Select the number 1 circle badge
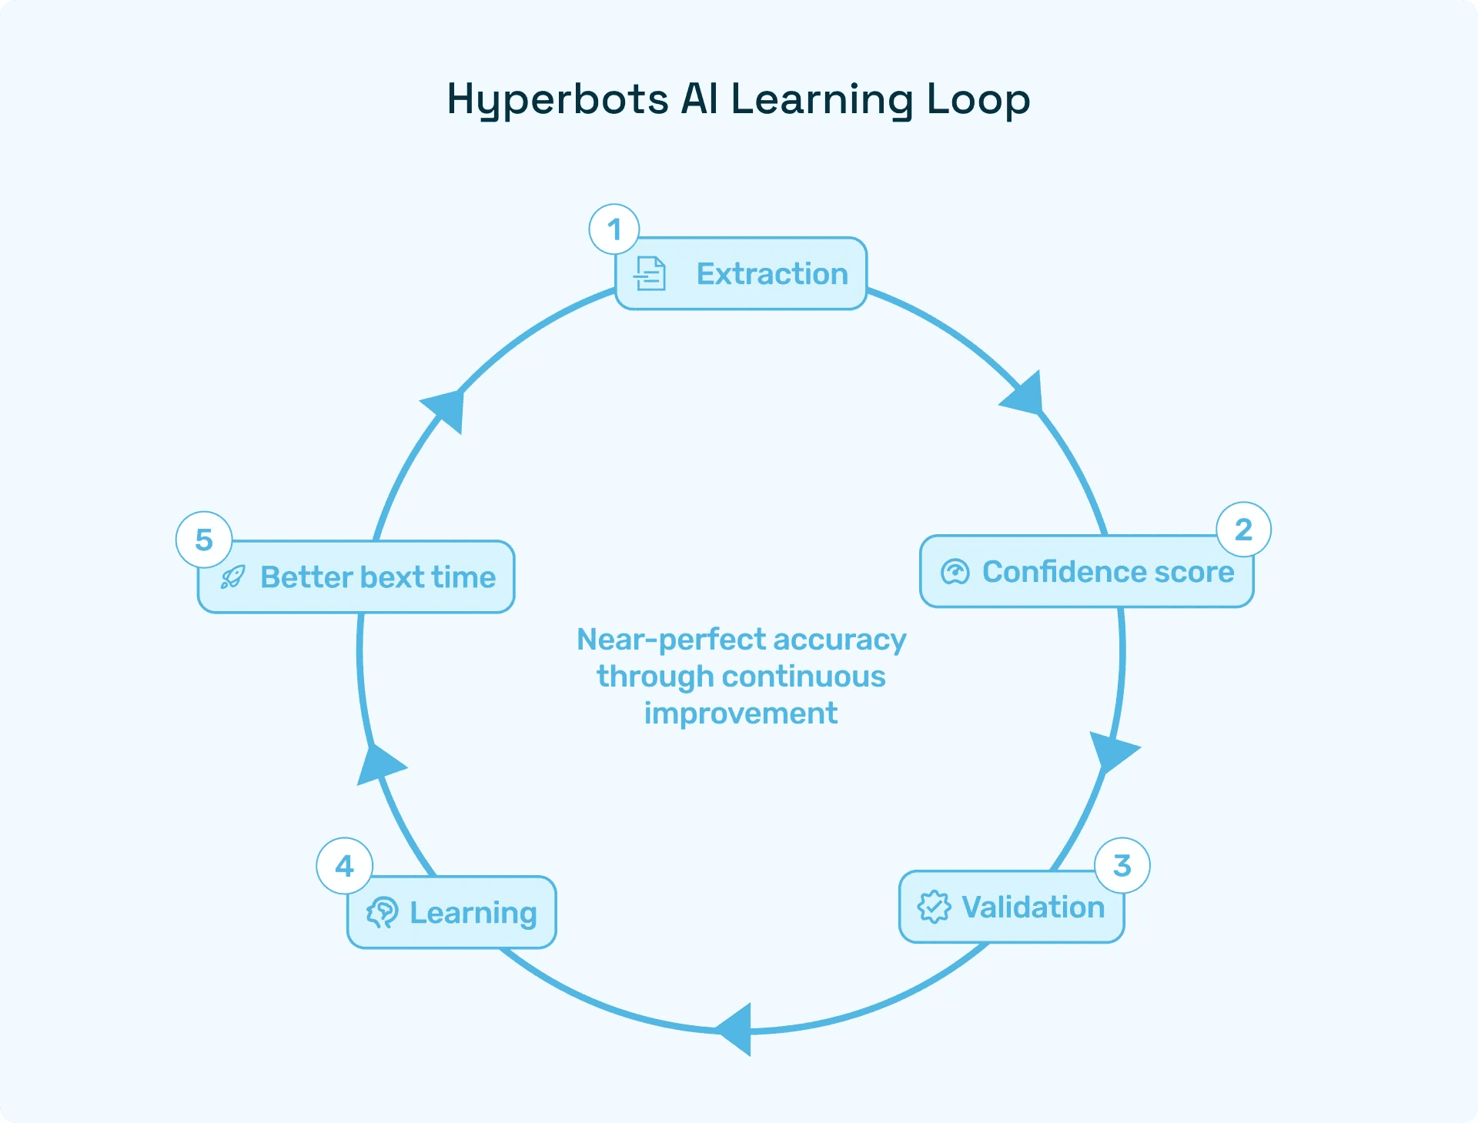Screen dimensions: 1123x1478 (x=614, y=229)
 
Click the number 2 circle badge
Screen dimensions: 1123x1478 (x=1243, y=530)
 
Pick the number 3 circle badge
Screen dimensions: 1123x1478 (x=1122, y=865)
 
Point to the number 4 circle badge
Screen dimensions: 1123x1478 (x=344, y=866)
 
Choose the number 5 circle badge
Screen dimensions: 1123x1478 (x=204, y=540)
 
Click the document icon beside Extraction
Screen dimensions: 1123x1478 (x=650, y=273)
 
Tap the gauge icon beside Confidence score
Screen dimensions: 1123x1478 (x=955, y=572)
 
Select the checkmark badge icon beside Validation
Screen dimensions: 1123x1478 (x=934, y=907)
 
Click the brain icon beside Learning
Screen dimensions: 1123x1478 (x=383, y=912)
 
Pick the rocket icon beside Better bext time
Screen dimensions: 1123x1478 (x=232, y=577)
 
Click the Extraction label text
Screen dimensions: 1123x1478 (x=772, y=274)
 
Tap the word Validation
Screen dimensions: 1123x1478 (x=1033, y=907)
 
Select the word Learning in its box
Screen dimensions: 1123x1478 (x=473, y=913)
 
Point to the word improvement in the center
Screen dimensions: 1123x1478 (x=741, y=714)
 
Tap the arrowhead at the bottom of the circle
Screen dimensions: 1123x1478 (x=736, y=1029)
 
